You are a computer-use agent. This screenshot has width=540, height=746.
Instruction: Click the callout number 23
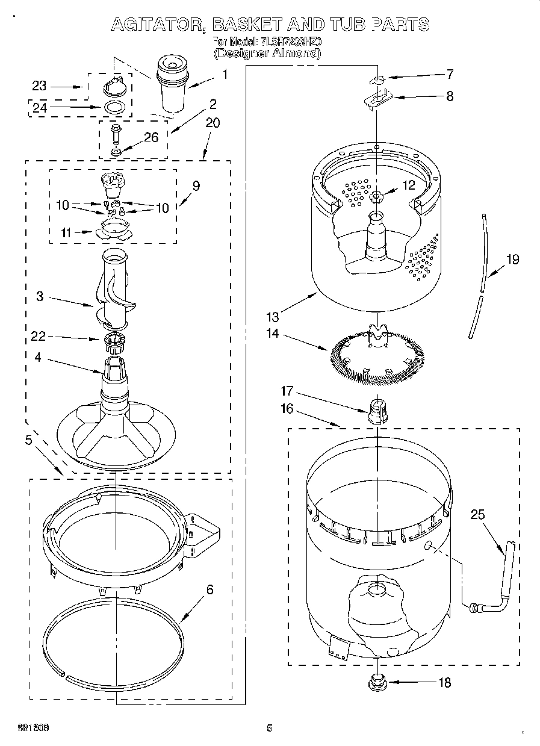(x=39, y=86)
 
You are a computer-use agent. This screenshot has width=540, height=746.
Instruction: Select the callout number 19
(x=512, y=260)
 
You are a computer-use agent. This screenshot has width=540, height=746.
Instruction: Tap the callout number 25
(x=477, y=515)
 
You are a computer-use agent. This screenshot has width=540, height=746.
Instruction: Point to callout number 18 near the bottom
(x=444, y=683)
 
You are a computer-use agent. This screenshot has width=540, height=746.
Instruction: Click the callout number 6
(x=209, y=589)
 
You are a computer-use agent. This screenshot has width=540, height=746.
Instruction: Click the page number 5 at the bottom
(x=270, y=728)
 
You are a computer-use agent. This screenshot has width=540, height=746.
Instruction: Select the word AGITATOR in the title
(x=152, y=24)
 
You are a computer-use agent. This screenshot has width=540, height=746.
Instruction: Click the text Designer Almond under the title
(x=268, y=53)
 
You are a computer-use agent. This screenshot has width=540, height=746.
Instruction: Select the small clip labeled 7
(x=376, y=79)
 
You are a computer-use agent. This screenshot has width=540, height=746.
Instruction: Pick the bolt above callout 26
(x=115, y=132)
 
